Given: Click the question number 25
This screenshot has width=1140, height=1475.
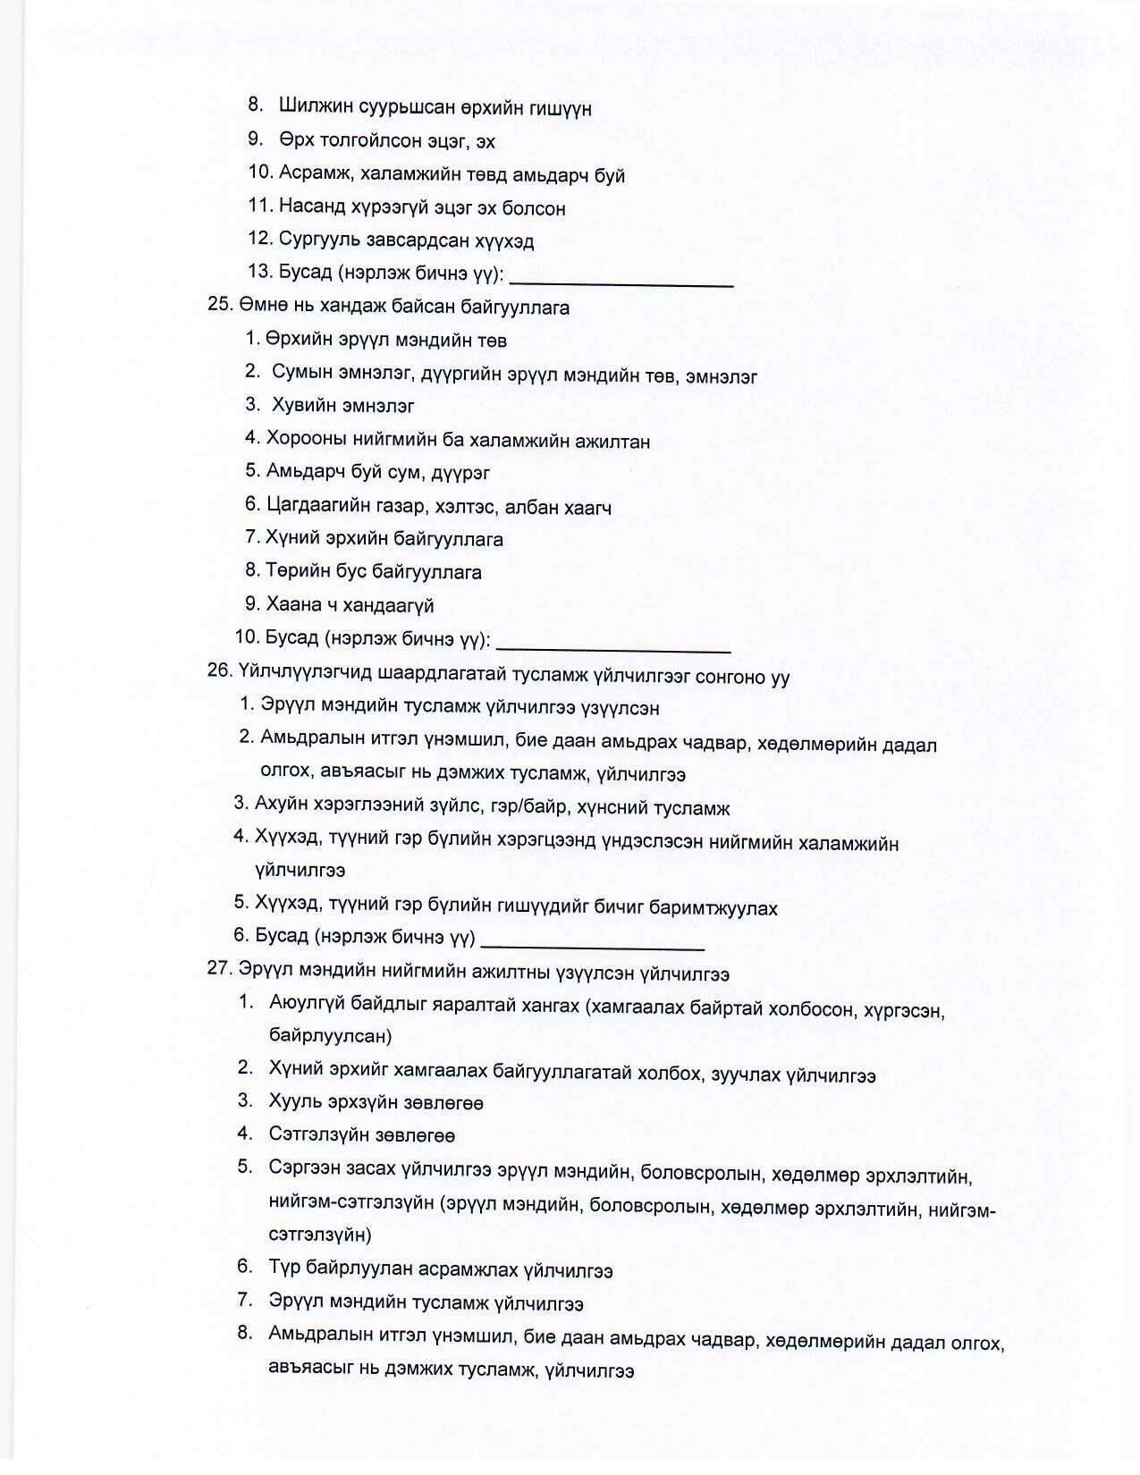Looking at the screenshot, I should click(220, 305).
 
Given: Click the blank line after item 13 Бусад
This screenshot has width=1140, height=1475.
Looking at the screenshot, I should click(621, 282).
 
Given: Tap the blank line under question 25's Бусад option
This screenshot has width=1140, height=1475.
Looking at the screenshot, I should click(613, 648).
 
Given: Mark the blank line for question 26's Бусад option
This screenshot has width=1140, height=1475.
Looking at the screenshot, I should click(593, 946).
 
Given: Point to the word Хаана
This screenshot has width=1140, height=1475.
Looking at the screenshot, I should click(293, 605).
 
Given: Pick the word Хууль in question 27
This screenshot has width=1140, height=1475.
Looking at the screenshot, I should click(294, 1103).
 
